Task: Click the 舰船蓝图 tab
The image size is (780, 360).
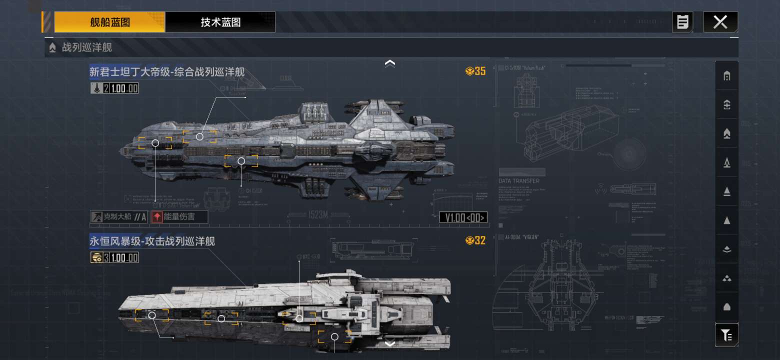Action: point(110,22)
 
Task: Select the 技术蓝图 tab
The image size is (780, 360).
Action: point(220,22)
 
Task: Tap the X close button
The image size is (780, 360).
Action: point(720,22)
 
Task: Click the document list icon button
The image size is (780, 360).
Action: point(682,22)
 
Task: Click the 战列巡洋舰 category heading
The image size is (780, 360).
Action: point(86,48)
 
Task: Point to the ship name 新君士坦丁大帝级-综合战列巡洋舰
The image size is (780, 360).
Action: point(167,72)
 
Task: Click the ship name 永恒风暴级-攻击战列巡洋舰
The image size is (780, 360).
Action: point(152,241)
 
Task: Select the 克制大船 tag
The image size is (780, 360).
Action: point(119,217)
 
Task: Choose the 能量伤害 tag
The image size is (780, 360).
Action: point(178,217)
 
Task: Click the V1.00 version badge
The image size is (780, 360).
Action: point(463,217)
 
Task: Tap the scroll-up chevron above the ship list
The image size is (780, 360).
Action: point(390,63)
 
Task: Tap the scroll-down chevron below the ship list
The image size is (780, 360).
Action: point(390,343)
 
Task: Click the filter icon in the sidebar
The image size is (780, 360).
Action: point(726,335)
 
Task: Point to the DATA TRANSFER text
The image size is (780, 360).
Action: point(519,181)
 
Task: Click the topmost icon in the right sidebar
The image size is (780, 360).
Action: point(727,76)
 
